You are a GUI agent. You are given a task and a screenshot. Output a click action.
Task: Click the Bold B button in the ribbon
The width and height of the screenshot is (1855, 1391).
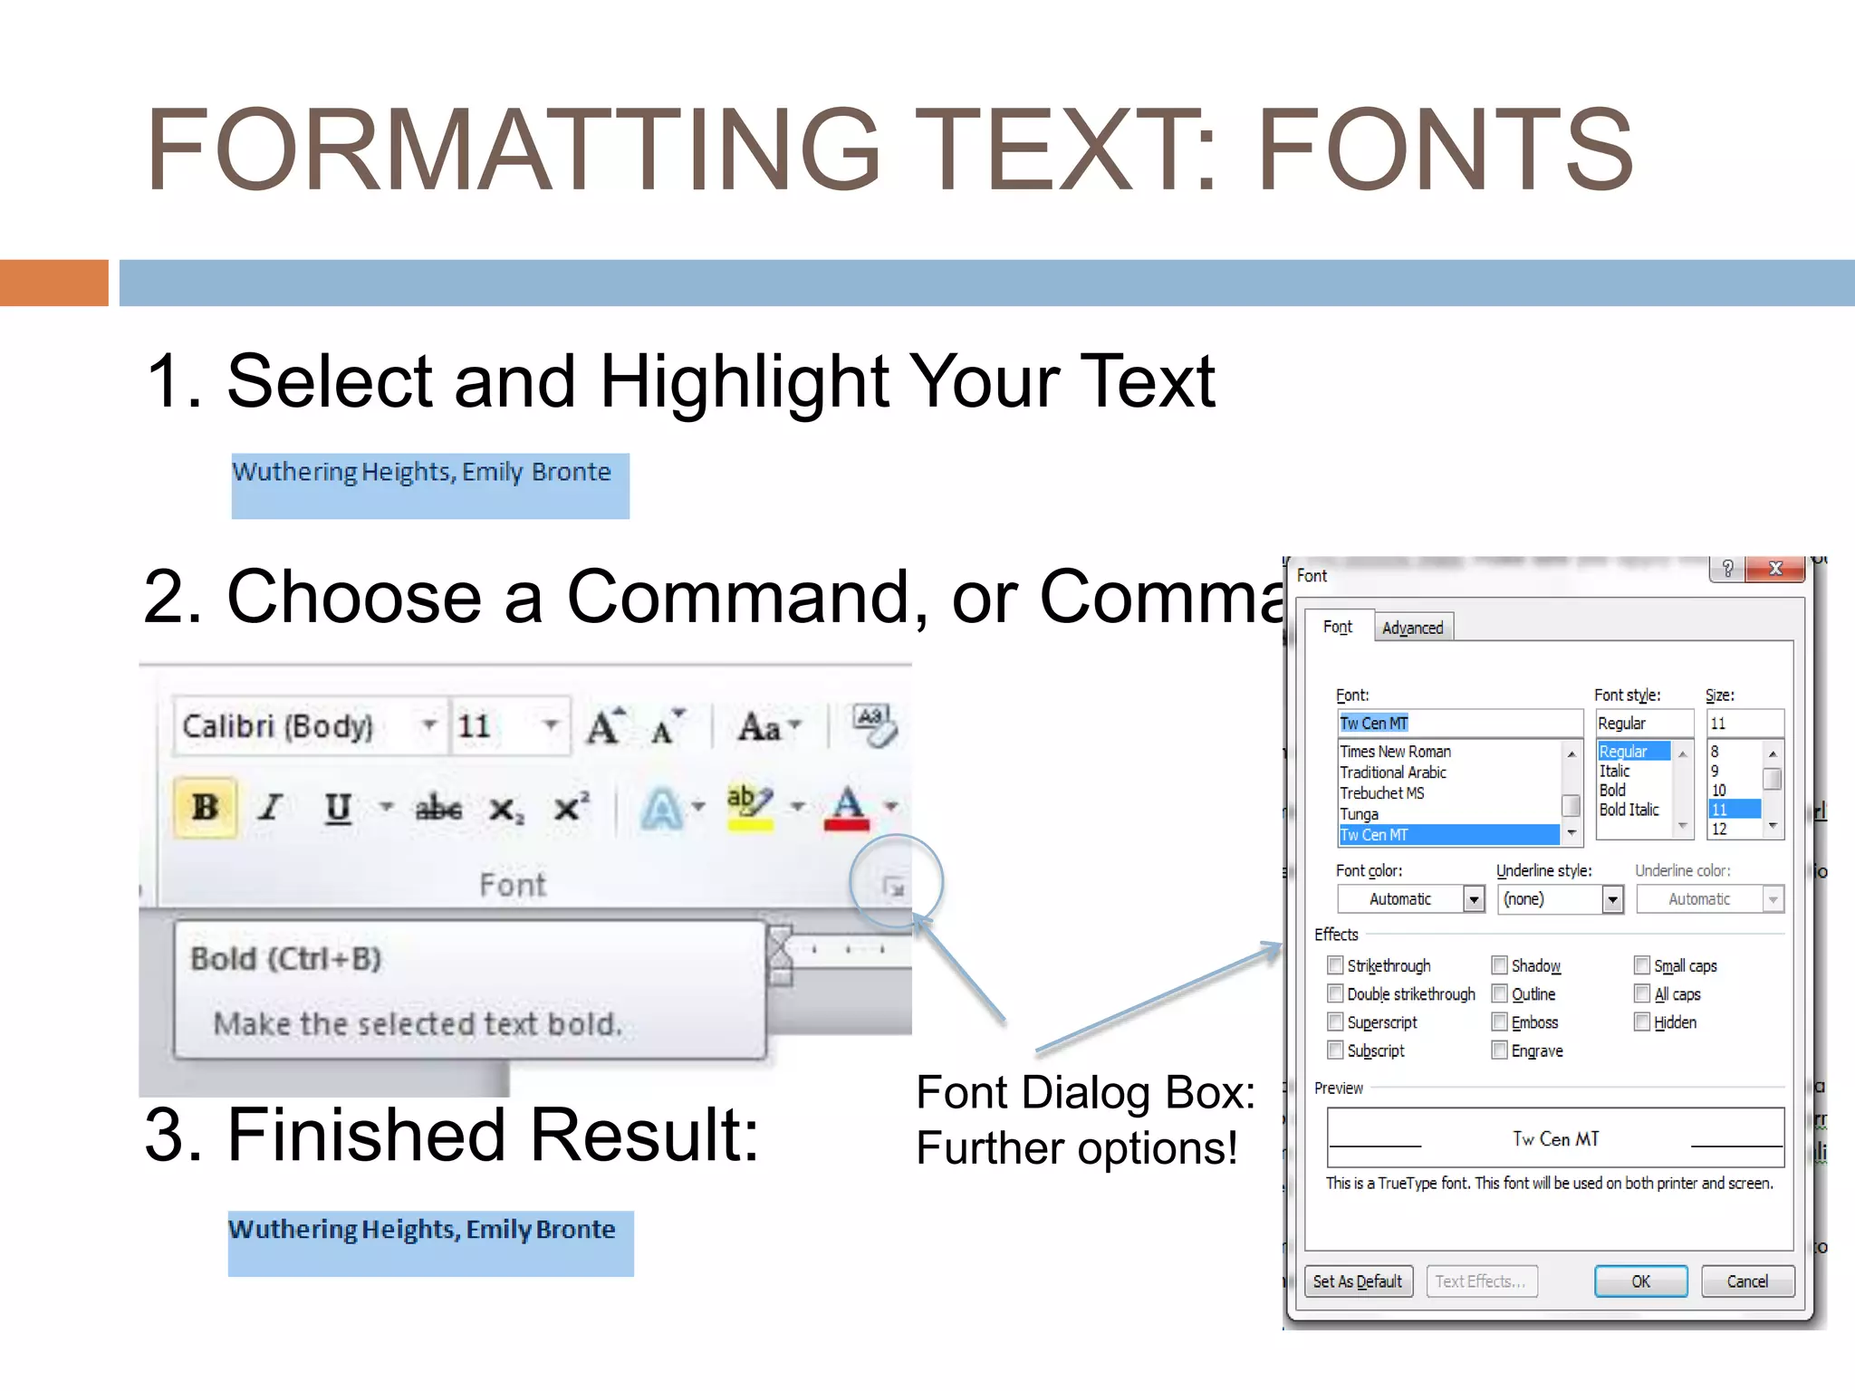pyautogui.click(x=206, y=807)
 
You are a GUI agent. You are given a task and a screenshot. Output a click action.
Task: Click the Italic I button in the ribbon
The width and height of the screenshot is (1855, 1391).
pyautogui.click(x=270, y=807)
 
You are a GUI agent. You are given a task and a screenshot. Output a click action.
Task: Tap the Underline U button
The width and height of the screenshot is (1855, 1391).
pyautogui.click(x=338, y=807)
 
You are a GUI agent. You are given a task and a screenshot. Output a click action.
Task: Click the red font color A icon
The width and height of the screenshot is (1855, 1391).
pyautogui.click(x=847, y=807)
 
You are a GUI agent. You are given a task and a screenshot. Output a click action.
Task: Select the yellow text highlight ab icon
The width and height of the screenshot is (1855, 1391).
pyautogui.click(x=749, y=807)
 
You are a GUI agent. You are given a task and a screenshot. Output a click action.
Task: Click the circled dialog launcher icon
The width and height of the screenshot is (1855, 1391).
pyautogui.click(x=894, y=887)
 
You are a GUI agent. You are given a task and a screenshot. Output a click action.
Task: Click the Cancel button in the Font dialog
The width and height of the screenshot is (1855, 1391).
pyautogui.click(x=1746, y=1281)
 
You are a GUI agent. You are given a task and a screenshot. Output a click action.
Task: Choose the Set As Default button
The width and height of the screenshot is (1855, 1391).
pyautogui.click(x=1357, y=1281)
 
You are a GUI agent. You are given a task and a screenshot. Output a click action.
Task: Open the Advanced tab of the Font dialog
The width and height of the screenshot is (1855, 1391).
pyautogui.click(x=1412, y=628)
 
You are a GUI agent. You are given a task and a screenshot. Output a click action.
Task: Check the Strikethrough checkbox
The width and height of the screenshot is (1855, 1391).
pyautogui.click(x=1335, y=965)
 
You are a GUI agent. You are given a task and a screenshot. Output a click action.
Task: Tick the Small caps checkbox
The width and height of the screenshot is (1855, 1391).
pyautogui.click(x=1642, y=965)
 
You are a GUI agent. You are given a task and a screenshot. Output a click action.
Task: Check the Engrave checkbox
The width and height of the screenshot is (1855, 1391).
pyautogui.click(x=1500, y=1050)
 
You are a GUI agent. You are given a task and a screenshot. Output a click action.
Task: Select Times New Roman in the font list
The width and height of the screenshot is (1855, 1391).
pyautogui.click(x=1395, y=752)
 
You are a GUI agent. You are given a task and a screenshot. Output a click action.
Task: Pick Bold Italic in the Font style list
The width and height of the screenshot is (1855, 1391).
pyautogui.click(x=1629, y=810)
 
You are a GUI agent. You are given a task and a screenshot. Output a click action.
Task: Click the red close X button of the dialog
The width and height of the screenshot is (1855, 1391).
pyautogui.click(x=1775, y=569)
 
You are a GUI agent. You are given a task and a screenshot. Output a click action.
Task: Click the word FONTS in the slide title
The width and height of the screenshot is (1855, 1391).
pyautogui.click(x=1446, y=150)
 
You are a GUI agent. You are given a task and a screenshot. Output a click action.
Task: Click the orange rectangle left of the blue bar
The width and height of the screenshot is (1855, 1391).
pyautogui.click(x=53, y=283)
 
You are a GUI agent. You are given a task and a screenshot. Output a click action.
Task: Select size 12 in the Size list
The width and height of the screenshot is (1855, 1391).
pyautogui.click(x=1719, y=829)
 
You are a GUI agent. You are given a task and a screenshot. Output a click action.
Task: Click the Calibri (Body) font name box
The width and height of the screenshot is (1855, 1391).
pyautogui.click(x=279, y=726)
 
